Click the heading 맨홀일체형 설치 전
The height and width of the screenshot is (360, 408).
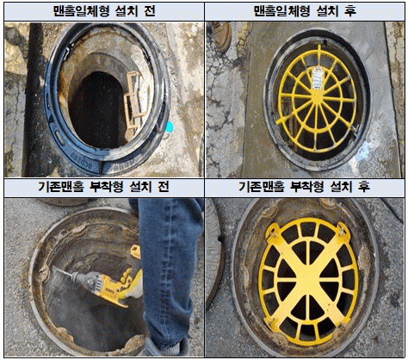coord(104,11)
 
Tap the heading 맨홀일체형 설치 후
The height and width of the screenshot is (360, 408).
coord(305,11)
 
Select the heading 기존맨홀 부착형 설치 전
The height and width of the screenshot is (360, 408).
coord(103,187)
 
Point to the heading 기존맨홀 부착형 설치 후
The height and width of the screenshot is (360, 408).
coord(304,187)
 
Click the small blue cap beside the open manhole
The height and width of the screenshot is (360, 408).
coord(170,127)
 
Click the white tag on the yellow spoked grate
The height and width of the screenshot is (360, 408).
coord(317,78)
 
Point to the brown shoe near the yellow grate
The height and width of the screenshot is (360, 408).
coord(222,36)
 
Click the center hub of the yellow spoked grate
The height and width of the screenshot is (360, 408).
coord(318,98)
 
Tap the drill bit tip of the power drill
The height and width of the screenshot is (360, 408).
coord(54,268)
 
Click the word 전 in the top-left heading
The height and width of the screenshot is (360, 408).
coord(150,11)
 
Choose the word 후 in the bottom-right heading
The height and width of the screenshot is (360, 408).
coord(364,187)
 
